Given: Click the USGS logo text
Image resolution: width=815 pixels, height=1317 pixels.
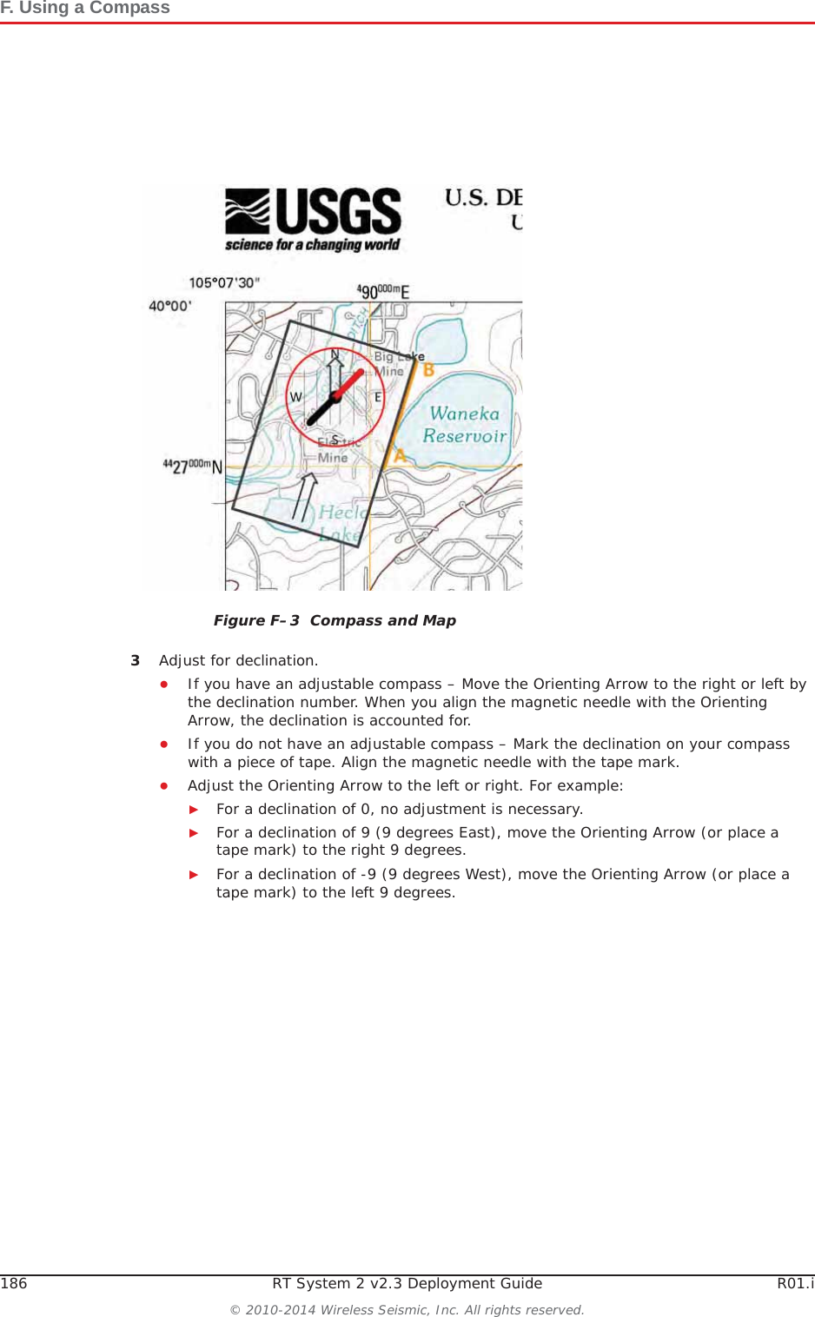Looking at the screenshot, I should point(338,212).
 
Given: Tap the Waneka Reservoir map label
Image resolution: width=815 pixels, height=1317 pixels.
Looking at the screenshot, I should point(465,425).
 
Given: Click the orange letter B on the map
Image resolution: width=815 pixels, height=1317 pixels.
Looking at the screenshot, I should point(428,370).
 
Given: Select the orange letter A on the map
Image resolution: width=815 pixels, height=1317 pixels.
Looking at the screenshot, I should point(400,454).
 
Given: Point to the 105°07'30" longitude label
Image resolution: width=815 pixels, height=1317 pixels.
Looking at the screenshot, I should point(224,283).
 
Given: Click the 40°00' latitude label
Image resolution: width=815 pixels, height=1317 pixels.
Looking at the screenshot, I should point(170,306).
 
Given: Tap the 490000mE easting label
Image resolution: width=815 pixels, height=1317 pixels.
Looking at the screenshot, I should point(383,292).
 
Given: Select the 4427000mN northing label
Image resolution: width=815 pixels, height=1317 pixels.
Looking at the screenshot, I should point(193,467).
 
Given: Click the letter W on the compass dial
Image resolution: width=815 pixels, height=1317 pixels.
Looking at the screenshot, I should point(295,397).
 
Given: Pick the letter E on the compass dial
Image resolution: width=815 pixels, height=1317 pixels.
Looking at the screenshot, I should point(378,397).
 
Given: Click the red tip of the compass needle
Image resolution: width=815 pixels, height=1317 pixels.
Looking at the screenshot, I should point(358,375).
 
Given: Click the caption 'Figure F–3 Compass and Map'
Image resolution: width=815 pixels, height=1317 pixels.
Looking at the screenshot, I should point(335,620).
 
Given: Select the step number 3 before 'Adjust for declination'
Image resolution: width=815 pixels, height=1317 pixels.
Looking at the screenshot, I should point(135,660).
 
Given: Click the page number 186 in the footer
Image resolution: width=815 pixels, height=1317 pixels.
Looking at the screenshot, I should point(14,1283).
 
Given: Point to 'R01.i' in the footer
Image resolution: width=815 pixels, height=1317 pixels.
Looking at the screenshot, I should point(795,1283).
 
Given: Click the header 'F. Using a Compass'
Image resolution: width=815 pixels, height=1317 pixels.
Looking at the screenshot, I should point(85,8).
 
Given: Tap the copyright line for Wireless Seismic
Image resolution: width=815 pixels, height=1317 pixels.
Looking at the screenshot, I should point(407,1309).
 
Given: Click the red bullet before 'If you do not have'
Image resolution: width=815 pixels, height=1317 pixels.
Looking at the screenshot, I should point(163,744).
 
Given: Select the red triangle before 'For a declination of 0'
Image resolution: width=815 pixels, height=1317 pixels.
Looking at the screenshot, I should point(194,809).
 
